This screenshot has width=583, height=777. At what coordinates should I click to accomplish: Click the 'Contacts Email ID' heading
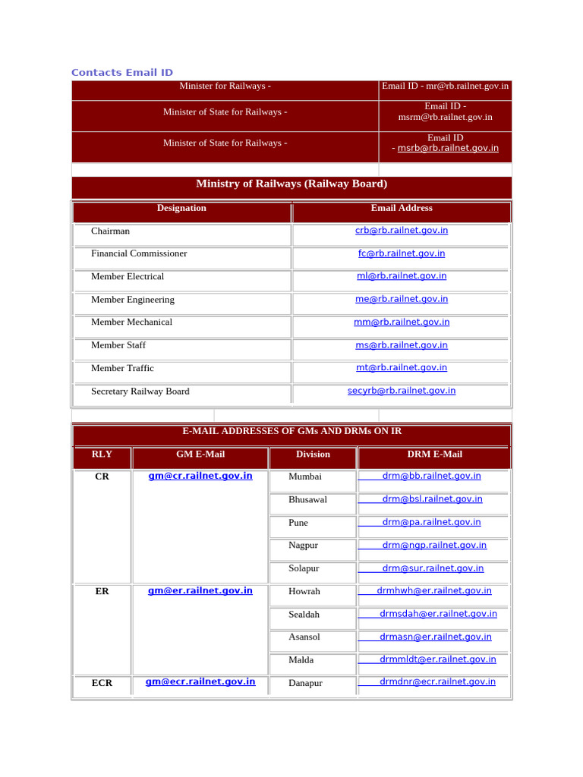click(x=121, y=73)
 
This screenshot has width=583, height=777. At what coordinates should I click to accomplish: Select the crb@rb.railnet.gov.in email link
click(x=402, y=231)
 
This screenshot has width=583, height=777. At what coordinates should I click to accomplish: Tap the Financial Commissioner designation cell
click(x=139, y=253)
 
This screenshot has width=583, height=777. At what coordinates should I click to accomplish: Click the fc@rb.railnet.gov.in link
click(x=402, y=253)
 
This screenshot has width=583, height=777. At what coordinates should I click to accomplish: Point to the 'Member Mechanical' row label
click(x=131, y=322)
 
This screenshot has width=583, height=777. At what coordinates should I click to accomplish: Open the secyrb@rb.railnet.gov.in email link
click(x=402, y=391)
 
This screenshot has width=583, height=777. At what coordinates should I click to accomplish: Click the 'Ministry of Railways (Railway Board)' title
click(x=291, y=184)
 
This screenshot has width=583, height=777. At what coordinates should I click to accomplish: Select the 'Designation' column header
click(x=181, y=208)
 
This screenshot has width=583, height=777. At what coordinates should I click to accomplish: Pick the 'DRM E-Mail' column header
click(x=434, y=455)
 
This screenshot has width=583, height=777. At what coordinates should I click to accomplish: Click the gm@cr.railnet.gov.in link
click(x=200, y=477)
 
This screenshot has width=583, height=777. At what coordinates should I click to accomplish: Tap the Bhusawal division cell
click(x=307, y=500)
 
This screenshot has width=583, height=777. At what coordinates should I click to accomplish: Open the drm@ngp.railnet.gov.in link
click(x=434, y=546)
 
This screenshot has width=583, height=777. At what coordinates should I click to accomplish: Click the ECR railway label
click(x=102, y=683)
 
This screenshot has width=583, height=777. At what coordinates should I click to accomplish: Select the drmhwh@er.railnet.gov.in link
click(x=434, y=591)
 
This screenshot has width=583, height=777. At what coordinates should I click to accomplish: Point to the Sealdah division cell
click(x=304, y=615)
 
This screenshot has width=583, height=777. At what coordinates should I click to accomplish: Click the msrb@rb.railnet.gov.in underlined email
click(x=448, y=149)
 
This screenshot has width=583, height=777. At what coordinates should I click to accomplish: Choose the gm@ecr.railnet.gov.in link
click(x=200, y=682)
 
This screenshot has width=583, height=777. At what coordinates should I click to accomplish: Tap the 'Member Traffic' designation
click(x=122, y=368)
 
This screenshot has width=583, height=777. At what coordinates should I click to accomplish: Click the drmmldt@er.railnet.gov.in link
click(x=438, y=659)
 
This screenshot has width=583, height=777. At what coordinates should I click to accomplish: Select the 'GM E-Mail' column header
click(x=200, y=455)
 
